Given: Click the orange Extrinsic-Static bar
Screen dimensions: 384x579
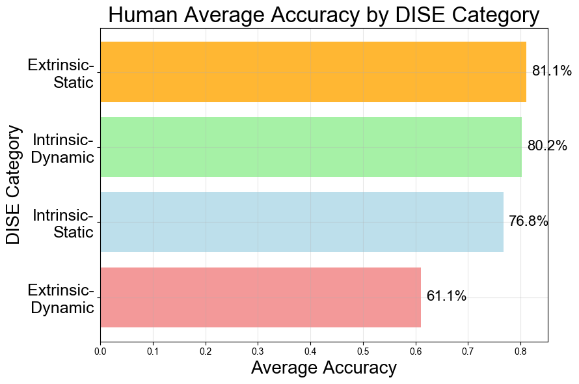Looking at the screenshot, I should pos(313,72).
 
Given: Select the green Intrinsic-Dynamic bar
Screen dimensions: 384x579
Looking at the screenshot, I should pos(311,147).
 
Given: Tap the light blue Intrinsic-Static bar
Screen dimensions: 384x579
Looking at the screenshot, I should pos(302,222).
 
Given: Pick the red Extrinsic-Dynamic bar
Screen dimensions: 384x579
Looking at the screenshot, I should pos(260,297).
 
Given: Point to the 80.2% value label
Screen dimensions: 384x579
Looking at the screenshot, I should pos(547,146).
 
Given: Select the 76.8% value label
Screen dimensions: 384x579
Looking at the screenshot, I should pos(528,221).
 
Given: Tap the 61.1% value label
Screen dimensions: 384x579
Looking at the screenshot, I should pos(446,296).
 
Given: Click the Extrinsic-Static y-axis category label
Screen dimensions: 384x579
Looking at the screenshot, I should pos(61,74).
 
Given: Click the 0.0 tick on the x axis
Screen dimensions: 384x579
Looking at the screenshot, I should pos(100,351).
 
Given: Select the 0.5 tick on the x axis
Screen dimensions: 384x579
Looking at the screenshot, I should pos(363,351).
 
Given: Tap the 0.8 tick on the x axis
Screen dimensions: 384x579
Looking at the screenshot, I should pos(520,351).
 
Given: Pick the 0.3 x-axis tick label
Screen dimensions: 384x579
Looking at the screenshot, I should pos(258,351).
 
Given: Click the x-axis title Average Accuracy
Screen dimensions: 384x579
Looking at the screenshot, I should pos(323,368).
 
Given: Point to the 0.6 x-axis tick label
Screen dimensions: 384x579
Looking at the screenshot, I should pos(415,351).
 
